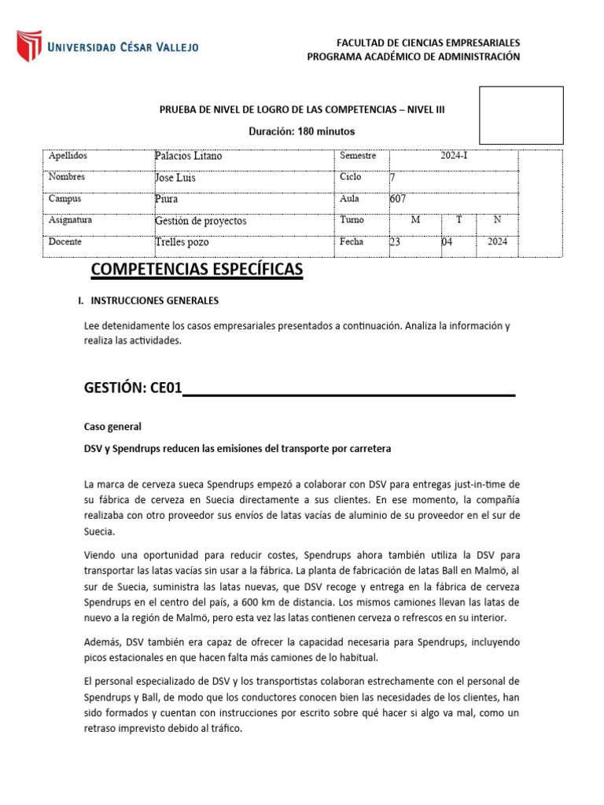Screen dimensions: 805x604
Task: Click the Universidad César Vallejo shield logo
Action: [x=30, y=46]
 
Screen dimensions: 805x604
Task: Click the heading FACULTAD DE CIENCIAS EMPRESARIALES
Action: [x=428, y=42]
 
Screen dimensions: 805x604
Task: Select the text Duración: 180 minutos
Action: [x=302, y=131]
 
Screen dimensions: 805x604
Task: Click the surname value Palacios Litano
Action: [x=189, y=156]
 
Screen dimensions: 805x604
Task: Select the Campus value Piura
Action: [x=167, y=199]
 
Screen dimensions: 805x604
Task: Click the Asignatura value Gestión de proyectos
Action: [x=201, y=221]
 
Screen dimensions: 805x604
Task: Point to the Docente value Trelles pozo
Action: [x=182, y=242]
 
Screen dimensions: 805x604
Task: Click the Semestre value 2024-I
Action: [x=454, y=156]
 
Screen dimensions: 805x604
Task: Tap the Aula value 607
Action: [x=398, y=199]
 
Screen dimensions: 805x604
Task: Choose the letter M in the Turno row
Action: [x=415, y=220]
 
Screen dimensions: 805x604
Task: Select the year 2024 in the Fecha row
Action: [x=497, y=242]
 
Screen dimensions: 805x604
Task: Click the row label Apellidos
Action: [x=68, y=156]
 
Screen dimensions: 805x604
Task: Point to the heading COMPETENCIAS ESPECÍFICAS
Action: [x=197, y=270]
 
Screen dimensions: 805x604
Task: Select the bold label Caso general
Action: [x=112, y=427]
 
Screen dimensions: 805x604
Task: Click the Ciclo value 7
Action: [x=392, y=178]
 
